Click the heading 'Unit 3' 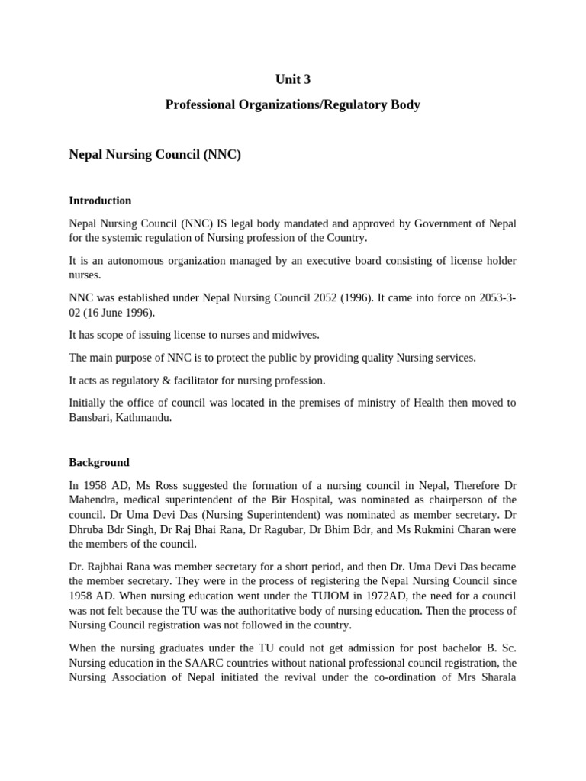(293, 79)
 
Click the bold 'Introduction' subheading (100, 201)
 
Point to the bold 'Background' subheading (99, 462)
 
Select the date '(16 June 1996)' (124, 313)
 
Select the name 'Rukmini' (444, 529)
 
